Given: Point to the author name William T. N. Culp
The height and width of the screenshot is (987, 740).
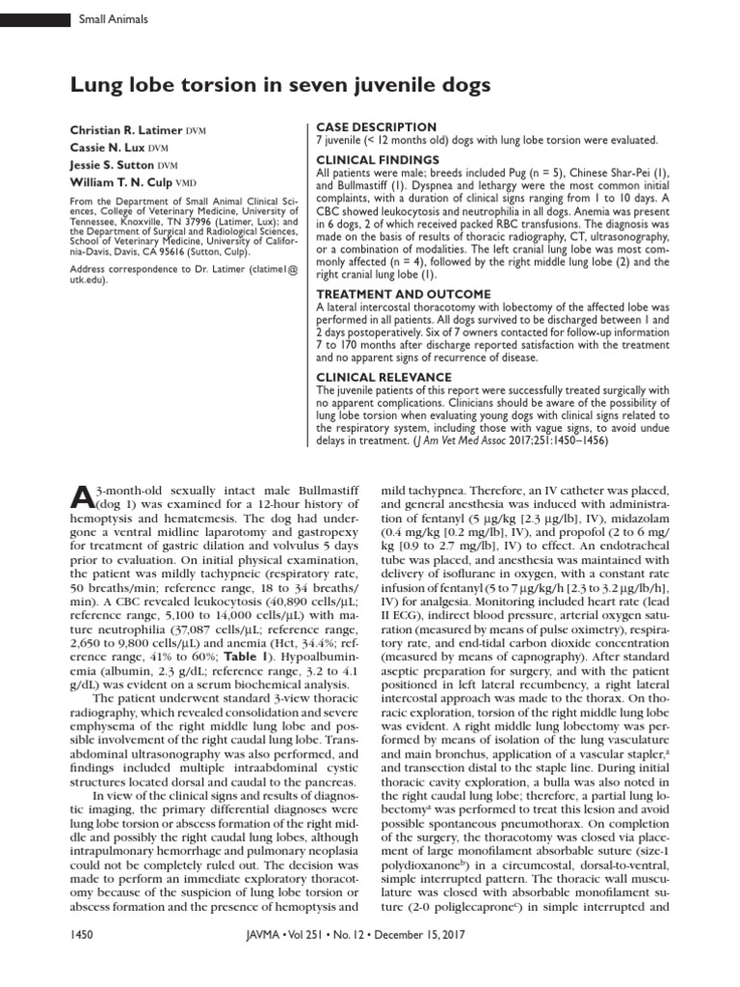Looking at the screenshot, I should [128, 182].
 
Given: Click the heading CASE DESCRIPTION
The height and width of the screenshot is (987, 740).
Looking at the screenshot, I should [377, 127].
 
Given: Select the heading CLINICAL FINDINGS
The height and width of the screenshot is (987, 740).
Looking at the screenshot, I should [379, 159].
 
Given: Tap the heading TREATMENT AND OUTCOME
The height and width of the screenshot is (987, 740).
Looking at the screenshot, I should [403, 294].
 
